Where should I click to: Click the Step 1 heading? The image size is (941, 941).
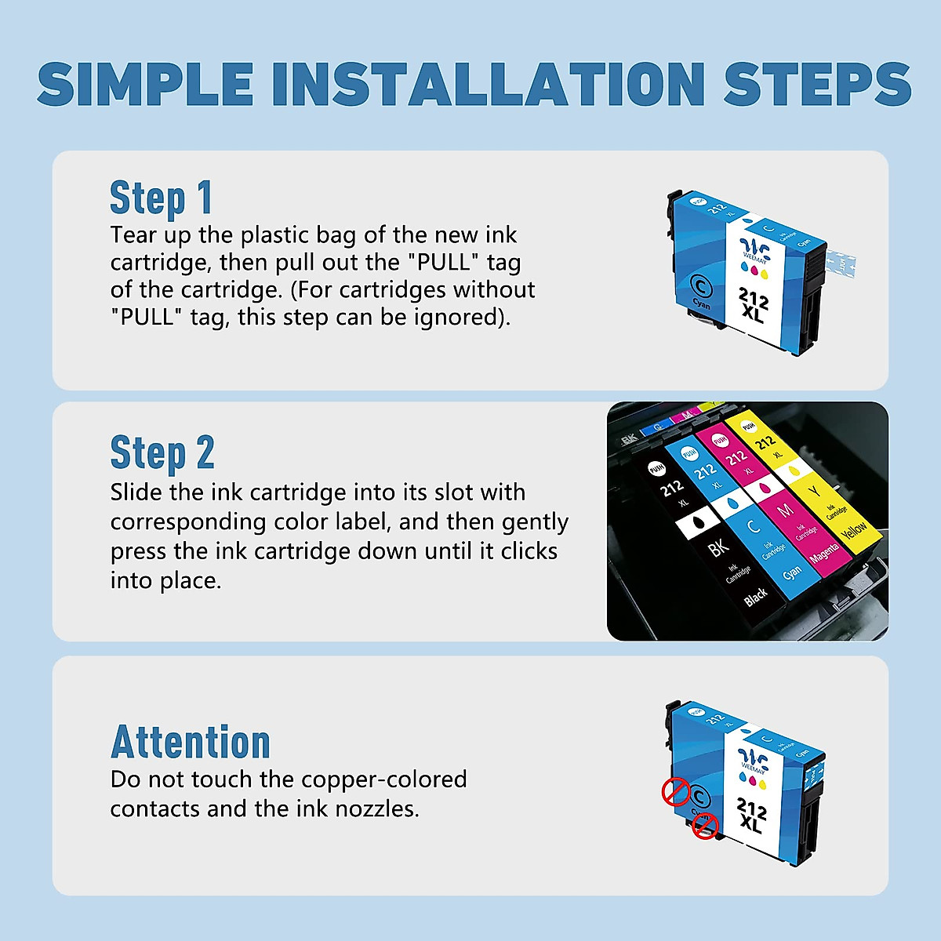coord(161,198)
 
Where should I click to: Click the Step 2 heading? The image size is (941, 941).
coord(162,453)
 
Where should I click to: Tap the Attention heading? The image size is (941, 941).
coord(191,742)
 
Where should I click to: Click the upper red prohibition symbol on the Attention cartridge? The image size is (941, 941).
coord(675,792)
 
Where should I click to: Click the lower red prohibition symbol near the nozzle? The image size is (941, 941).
coord(705,826)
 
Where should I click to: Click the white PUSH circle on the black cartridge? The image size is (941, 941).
coord(656,468)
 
